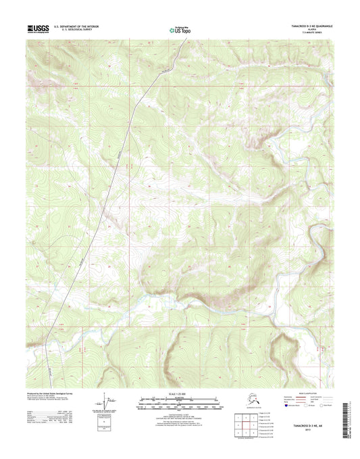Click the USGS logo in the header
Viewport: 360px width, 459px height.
click(x=39, y=28)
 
